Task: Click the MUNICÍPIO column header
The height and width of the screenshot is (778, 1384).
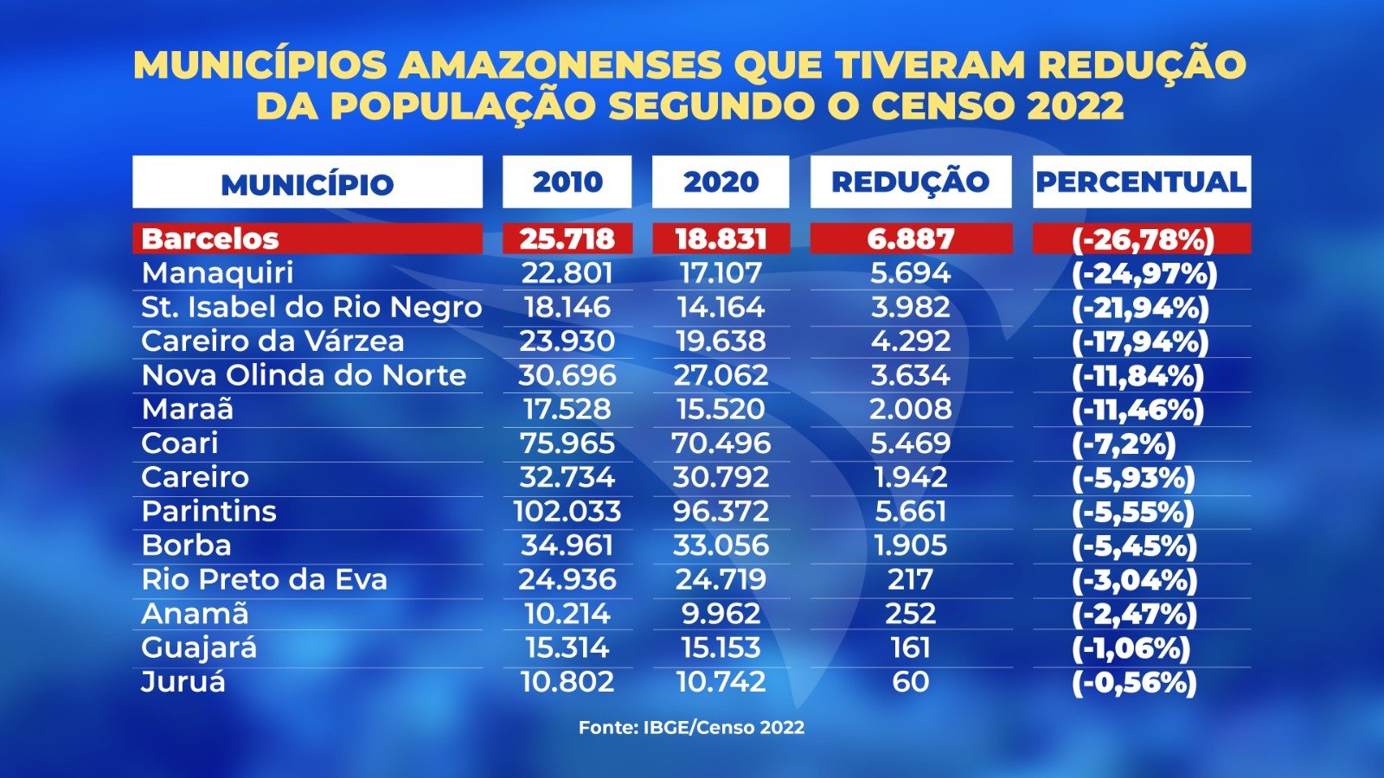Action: pyautogui.click(x=307, y=183)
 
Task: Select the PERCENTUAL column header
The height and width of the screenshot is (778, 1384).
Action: pyautogui.click(x=1141, y=182)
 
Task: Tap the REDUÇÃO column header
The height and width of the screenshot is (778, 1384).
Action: pyautogui.click(x=910, y=182)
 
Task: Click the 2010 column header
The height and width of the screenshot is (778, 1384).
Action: pyautogui.click(x=567, y=182)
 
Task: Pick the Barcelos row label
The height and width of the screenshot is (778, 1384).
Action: pyautogui.click(x=210, y=239)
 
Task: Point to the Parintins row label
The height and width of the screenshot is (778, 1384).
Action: pyautogui.click(x=208, y=512)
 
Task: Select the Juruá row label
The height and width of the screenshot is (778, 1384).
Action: pyautogui.click(x=183, y=682)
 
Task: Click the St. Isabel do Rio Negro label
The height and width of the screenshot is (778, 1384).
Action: pyautogui.click(x=311, y=307)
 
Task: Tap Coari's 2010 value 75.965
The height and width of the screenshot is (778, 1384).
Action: pyautogui.click(x=567, y=443)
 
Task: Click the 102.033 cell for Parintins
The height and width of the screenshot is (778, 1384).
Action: pyautogui.click(x=567, y=512)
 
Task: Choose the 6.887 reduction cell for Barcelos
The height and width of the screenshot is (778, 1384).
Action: pyautogui.click(x=910, y=239)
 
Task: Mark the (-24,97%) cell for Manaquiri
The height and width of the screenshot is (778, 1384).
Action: pyautogui.click(x=1144, y=273)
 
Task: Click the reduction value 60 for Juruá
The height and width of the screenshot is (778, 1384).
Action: pyautogui.click(x=910, y=682)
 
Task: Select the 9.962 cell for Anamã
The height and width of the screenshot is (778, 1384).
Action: pyautogui.click(x=721, y=614)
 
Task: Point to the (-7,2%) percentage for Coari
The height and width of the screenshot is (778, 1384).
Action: pyautogui.click(x=1124, y=443)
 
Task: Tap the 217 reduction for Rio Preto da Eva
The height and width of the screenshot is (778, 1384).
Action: pyautogui.click(x=910, y=580)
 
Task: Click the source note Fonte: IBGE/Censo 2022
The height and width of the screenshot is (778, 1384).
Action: pyautogui.click(x=691, y=728)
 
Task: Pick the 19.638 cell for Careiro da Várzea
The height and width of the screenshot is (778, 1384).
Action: pyautogui.click(x=721, y=341)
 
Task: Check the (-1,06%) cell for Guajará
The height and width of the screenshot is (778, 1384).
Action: pyautogui.click(x=1131, y=648)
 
